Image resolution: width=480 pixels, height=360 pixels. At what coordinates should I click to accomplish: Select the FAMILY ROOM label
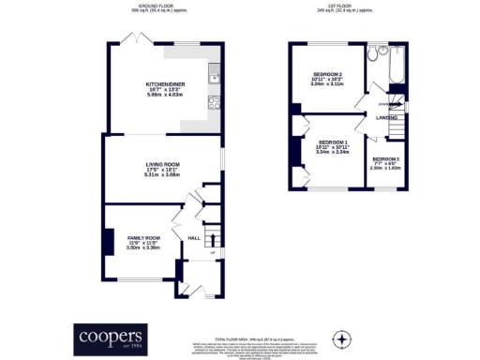[144, 238]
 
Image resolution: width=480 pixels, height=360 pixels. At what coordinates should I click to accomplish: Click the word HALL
[194, 238]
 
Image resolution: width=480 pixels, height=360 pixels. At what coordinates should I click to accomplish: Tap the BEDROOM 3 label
[385, 159]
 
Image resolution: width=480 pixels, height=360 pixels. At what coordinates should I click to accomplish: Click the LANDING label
[384, 118]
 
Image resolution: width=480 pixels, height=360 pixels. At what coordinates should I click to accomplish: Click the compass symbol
[343, 337]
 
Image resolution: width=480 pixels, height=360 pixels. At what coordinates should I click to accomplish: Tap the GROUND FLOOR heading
[163, 6]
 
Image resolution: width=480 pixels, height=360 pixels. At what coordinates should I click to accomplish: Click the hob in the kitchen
[215, 98]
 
